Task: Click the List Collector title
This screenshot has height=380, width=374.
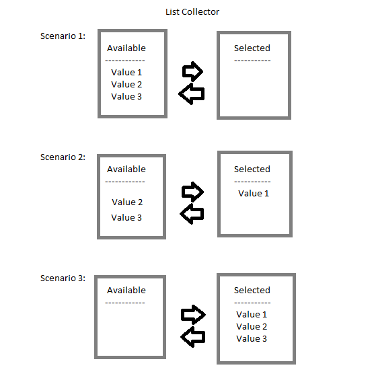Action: [192, 12]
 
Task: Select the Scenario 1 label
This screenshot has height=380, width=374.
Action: [63, 36]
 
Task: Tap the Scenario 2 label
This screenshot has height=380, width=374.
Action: [63, 157]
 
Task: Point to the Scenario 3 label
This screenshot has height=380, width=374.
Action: [63, 278]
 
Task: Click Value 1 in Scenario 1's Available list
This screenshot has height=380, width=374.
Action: [126, 72]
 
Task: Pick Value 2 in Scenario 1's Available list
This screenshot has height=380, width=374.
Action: [126, 84]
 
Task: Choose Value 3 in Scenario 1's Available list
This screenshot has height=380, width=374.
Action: [126, 96]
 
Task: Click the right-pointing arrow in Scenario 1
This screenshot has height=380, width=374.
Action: [192, 71]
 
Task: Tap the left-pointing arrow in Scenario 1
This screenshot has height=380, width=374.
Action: [192, 94]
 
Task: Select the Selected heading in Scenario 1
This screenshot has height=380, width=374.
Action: [252, 48]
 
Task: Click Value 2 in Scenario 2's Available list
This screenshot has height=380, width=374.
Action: [127, 202]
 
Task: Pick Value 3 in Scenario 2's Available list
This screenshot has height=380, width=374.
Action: [126, 218]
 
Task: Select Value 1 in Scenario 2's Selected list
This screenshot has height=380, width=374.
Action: [254, 194]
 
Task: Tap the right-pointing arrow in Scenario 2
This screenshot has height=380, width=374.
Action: [192, 192]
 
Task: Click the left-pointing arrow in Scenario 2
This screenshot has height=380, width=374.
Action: [192, 214]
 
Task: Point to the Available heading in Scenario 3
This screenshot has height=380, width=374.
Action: [126, 291]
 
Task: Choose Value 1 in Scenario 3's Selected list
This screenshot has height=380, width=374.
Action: [252, 315]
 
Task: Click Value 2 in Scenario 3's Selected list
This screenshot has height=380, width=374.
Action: [252, 327]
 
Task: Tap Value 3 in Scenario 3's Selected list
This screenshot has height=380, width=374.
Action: [252, 339]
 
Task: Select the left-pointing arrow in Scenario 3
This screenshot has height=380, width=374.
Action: [193, 337]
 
